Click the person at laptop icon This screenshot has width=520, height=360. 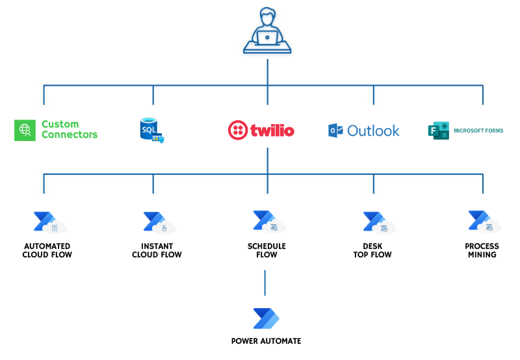point(267,31)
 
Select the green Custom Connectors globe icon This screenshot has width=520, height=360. point(25,130)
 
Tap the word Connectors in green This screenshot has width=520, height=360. point(70,135)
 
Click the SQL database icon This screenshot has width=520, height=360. point(151,130)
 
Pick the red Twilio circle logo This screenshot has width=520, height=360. point(239,131)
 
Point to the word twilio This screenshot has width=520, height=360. point(272,131)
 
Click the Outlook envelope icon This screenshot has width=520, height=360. point(335,131)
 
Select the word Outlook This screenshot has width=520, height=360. point(373,131)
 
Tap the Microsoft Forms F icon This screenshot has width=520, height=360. point(439,131)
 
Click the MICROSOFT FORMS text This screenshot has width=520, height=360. point(478,131)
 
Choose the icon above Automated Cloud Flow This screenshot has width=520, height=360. point(48,222)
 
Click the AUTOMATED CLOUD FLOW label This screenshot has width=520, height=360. point(47,251)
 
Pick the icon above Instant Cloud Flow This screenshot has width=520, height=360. point(158,222)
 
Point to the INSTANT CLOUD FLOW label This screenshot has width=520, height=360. point(157,251)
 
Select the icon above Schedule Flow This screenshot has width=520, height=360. point(268,222)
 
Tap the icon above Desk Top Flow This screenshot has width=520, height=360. point(378,222)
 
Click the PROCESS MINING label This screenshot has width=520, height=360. point(482,251)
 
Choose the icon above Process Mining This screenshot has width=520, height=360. point(484,222)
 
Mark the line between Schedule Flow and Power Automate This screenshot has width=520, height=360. point(265,283)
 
